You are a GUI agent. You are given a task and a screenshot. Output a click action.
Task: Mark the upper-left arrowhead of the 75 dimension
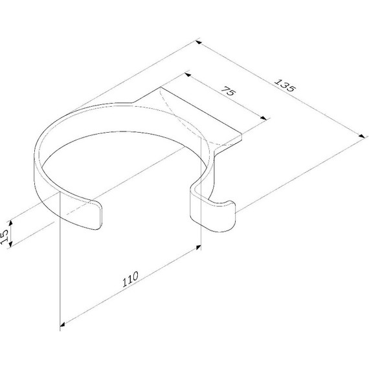[x=188, y=75]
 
